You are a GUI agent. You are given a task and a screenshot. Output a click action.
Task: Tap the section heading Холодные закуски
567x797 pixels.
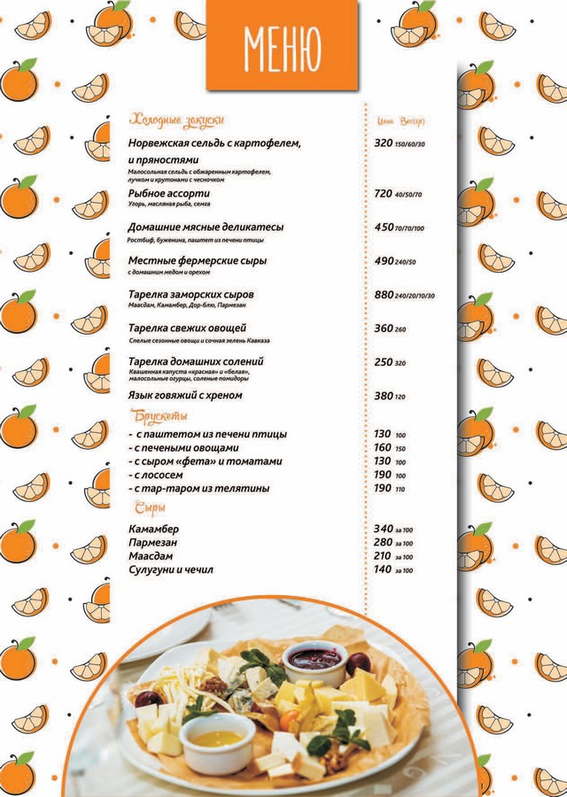click(177, 120)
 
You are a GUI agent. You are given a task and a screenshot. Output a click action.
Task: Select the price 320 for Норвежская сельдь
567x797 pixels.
click(383, 143)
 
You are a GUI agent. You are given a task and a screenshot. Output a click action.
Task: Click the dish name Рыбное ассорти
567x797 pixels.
click(169, 193)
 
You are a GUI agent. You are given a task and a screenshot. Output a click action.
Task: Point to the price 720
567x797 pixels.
click(383, 193)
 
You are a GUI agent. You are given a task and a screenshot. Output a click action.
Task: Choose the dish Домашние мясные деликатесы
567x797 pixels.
click(206, 228)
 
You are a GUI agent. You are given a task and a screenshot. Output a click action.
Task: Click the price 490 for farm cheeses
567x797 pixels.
click(383, 261)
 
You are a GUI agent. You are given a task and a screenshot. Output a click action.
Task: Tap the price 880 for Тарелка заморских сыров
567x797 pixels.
click(383, 294)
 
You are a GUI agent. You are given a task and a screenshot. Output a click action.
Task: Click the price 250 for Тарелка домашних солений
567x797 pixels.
click(383, 361)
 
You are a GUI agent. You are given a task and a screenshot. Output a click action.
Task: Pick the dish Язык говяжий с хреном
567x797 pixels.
click(185, 395)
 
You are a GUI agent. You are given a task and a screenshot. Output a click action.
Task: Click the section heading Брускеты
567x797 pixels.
click(159, 416)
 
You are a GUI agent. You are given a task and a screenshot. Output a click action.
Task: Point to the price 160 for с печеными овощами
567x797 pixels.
click(382, 447)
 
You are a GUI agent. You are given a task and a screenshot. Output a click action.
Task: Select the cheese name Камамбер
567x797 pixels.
click(153, 530)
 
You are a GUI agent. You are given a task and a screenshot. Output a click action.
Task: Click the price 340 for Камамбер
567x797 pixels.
click(383, 530)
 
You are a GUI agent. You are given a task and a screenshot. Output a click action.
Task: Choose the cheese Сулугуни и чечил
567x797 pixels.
click(171, 569)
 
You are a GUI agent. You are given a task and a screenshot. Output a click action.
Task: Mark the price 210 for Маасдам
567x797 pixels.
click(383, 556)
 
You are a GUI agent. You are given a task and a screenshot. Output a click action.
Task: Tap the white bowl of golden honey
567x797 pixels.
click(217, 738)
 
